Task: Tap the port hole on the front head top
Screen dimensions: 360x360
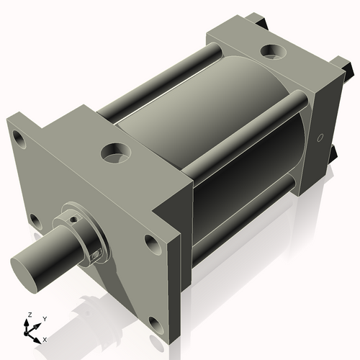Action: (x=114, y=151)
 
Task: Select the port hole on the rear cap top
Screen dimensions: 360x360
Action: (x=274, y=52)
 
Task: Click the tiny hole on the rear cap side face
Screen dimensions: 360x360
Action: (x=319, y=138)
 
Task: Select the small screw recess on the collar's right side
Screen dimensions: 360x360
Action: (x=94, y=251)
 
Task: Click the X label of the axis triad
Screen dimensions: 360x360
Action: (x=45, y=338)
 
